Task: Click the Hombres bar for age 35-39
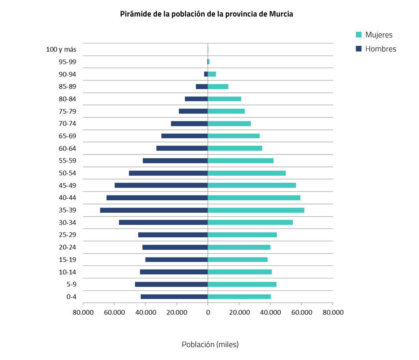(154, 210)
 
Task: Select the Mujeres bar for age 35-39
(256, 210)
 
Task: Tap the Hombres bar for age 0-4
(174, 297)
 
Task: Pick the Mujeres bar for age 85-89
(218, 86)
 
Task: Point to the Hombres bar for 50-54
(168, 173)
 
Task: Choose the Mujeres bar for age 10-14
(240, 272)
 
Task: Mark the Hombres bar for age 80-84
(196, 99)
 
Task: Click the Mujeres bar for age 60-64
(235, 148)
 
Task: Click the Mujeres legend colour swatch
(359, 35)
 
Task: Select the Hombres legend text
(380, 49)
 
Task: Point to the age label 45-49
(68, 185)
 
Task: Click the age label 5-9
(71, 284)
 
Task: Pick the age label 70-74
(68, 123)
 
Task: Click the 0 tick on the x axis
(208, 313)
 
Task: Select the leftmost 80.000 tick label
(83, 313)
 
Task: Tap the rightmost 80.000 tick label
(333, 313)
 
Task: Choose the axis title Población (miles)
(210, 345)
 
